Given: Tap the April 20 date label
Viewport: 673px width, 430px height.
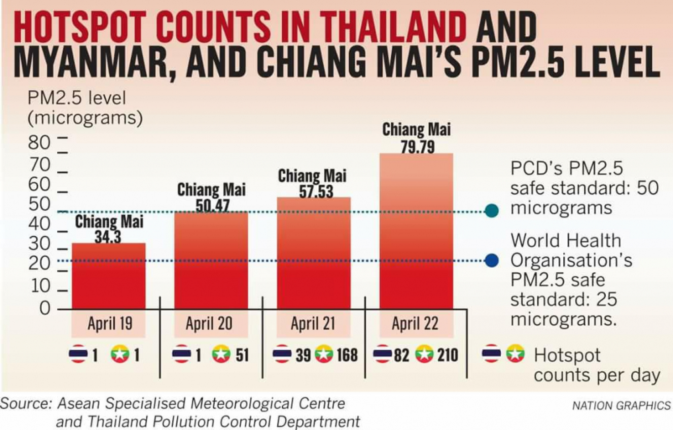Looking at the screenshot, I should click(x=209, y=324).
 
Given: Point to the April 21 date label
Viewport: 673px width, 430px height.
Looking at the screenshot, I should click(x=313, y=324).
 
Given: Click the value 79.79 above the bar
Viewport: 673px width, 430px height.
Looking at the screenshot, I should click(x=418, y=147).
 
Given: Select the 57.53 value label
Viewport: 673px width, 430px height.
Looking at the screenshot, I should click(x=316, y=191).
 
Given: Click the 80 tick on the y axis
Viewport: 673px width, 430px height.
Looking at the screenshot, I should click(x=39, y=143).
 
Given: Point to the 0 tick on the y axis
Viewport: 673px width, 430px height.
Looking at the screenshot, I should click(x=45, y=308).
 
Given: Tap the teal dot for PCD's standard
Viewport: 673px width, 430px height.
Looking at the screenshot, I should click(x=492, y=211).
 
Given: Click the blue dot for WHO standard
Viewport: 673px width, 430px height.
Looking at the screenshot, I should click(x=492, y=260).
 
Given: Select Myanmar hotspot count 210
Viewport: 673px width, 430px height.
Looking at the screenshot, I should click(x=448, y=355).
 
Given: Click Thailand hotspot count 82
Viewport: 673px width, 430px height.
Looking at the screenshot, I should click(x=401, y=355).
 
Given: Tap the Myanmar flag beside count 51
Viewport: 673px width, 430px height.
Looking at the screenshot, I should click(x=221, y=354).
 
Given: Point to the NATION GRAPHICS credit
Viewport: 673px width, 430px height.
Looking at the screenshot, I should click(x=621, y=405).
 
